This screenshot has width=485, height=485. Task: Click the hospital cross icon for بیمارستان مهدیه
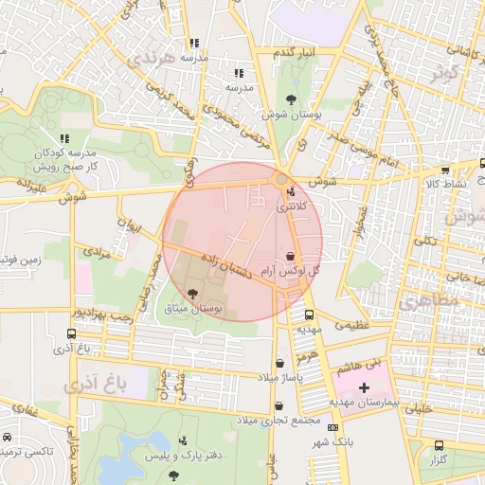point(364,388)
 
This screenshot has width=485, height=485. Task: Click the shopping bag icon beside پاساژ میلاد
point(279,364)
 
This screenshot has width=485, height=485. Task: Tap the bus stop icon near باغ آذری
point(72,334)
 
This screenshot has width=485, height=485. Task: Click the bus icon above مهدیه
point(309,315)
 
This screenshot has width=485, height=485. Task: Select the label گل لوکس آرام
point(289,271)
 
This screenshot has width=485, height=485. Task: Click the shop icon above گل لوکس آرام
point(289,257)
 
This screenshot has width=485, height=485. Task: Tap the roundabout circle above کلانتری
point(281,178)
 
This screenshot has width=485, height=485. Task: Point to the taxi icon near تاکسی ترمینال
point(8,439)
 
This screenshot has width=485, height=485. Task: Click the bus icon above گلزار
point(438,445)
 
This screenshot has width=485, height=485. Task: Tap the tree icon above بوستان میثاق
point(194,295)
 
